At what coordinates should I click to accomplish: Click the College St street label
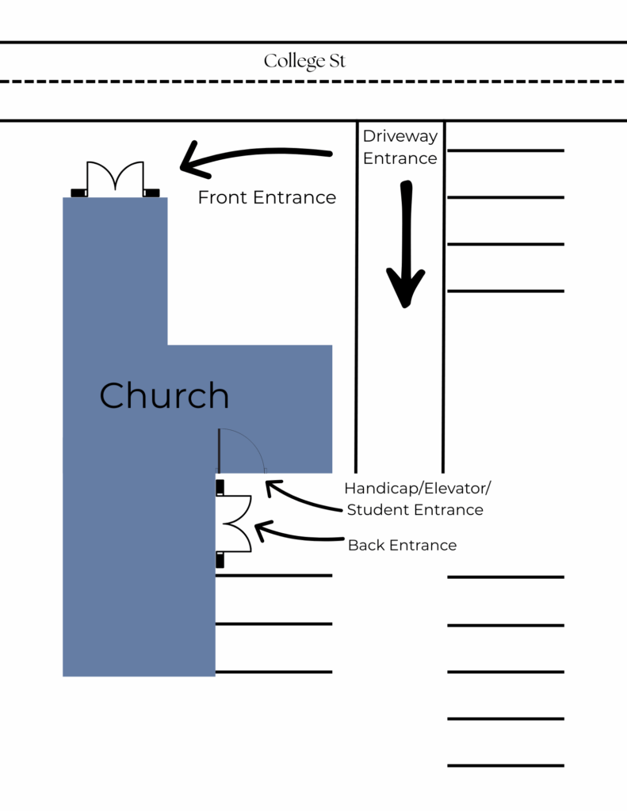click(304, 61)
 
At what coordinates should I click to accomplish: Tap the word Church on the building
click(164, 395)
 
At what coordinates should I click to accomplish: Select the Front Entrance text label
click(266, 197)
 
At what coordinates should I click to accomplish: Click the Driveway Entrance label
click(400, 147)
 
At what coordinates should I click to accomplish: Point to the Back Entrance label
click(402, 545)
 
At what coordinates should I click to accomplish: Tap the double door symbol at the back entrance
click(235, 524)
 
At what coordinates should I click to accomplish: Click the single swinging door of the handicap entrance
click(241, 451)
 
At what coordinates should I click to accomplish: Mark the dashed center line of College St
click(313, 82)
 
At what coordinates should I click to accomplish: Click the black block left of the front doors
click(78, 192)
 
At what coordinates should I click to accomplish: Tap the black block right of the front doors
click(151, 192)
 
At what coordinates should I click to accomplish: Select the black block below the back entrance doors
click(220, 561)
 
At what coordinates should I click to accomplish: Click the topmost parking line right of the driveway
click(506, 150)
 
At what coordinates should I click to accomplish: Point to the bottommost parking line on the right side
click(506, 766)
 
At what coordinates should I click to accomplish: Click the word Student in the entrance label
click(379, 510)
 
